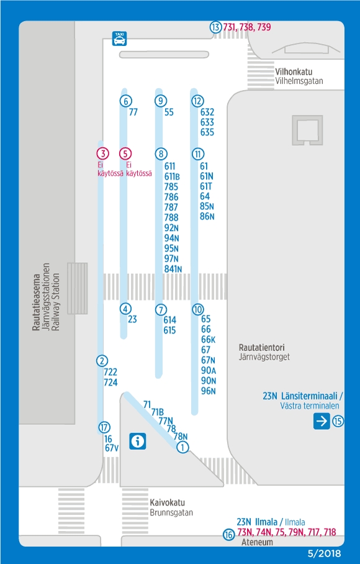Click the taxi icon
pos(119,39)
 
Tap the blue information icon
pos(138,440)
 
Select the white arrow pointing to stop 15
pos(322,421)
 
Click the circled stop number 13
pos(215,27)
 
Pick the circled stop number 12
pos(197,101)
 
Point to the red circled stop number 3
pos(102,154)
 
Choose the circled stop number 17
pos(104,427)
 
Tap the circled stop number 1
pos(183,447)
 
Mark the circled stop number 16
pos(228,535)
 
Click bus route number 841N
pos(173,269)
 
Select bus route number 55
pos(169,112)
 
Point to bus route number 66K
pos(208,339)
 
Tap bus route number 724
pos(110,383)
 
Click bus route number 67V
pos(111,448)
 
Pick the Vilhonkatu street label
pos(294,72)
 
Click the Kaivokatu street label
pos(168,503)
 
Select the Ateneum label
pos(257,542)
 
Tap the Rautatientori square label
pos(262,348)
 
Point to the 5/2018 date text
pos(325,553)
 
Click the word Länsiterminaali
pos(309,396)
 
